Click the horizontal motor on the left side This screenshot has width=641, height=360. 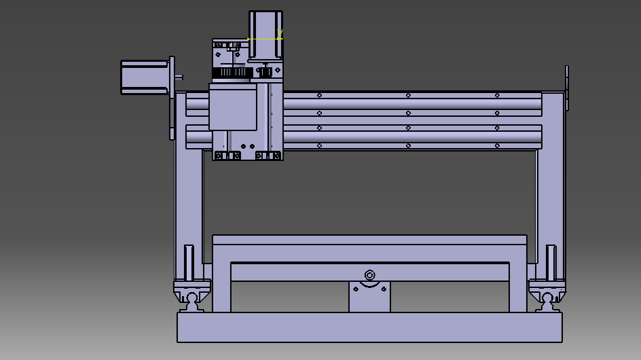pos(145,77)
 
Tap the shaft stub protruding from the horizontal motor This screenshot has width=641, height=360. pos(179,77)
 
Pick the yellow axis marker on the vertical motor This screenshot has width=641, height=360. pos(279,35)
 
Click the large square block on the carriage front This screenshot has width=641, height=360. pos(232,107)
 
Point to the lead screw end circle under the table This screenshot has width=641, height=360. pos(369,275)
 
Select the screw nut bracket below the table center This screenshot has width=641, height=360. pos(369,298)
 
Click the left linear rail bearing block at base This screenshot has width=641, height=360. pos(189,296)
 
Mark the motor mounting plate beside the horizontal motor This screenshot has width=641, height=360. pos(172,98)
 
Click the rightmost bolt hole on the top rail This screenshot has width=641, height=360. pos(497,95)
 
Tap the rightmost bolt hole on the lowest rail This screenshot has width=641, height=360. pos(497,145)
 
